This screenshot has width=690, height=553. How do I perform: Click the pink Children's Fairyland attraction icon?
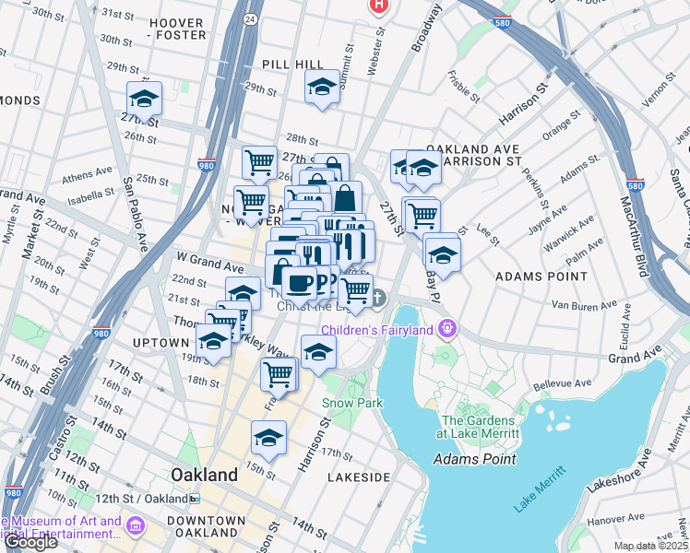(448, 328)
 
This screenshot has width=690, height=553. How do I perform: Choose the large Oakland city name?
(205, 475)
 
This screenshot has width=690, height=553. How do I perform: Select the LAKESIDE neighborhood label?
(360, 477)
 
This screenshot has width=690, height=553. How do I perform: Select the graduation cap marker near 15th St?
(268, 438)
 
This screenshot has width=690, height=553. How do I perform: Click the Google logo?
(30, 542)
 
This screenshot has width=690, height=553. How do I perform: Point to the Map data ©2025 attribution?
(651, 546)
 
